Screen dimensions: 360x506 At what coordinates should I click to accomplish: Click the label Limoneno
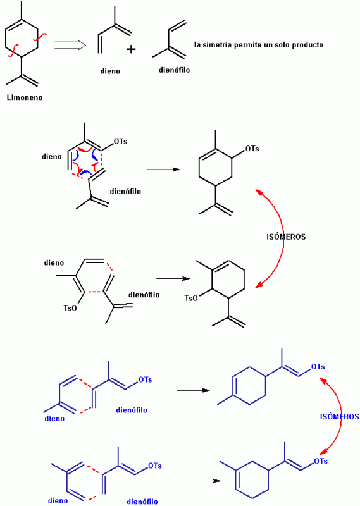click(x=25, y=97)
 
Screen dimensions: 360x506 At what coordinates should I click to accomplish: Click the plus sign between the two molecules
click(x=131, y=49)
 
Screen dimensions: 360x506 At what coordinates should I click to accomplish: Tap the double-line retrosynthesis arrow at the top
click(x=70, y=45)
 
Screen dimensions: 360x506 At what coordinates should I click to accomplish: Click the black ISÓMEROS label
click(x=286, y=237)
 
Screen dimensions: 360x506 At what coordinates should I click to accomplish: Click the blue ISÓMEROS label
click(x=339, y=417)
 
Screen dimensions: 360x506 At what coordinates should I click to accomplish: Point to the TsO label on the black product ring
click(x=191, y=298)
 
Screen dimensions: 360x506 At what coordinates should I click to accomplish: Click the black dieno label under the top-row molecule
click(x=110, y=71)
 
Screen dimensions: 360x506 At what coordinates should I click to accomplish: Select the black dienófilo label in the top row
click(x=175, y=70)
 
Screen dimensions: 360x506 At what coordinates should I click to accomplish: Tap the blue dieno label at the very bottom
click(x=58, y=500)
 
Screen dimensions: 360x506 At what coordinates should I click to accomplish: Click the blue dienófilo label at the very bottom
click(x=142, y=502)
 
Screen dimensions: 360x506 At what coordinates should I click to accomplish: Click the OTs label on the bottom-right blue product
click(x=321, y=461)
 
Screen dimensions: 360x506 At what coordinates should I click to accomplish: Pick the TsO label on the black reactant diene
click(x=70, y=308)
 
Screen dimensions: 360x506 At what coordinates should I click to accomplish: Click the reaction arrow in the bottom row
click(x=204, y=481)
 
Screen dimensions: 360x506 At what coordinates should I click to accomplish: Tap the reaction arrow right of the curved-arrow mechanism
click(x=164, y=169)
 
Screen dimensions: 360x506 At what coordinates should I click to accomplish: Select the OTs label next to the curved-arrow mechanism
click(x=120, y=141)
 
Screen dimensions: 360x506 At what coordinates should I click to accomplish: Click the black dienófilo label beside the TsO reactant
click(x=144, y=295)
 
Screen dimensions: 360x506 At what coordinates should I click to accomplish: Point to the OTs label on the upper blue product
click(x=318, y=367)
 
